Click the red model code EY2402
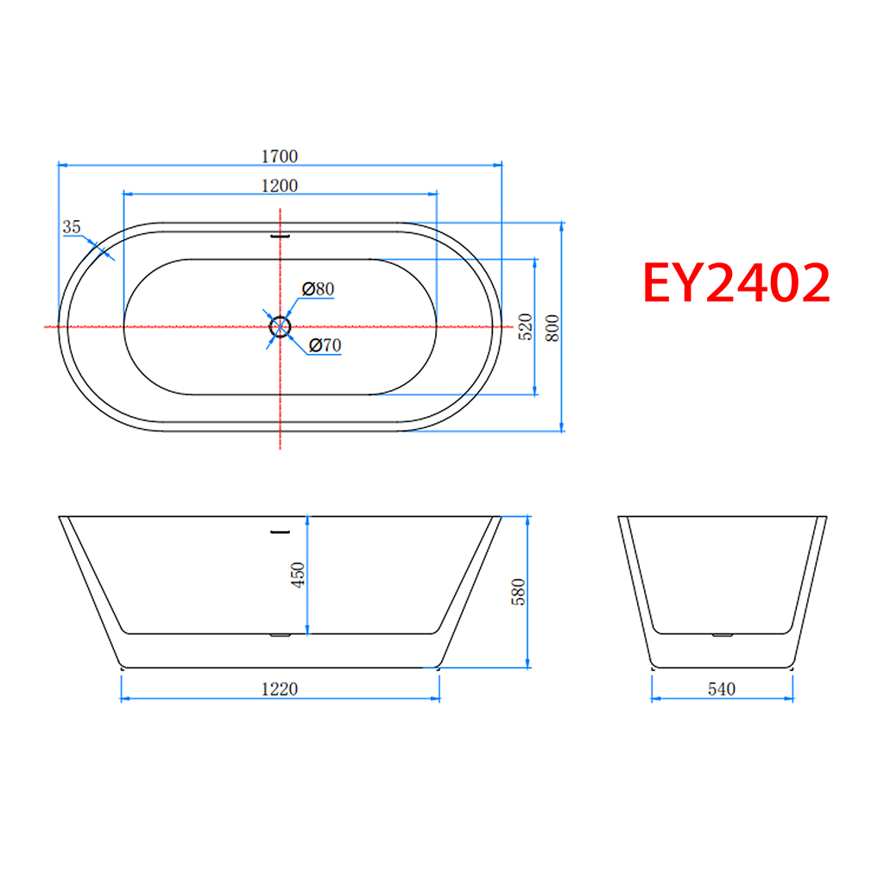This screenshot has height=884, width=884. [x=736, y=282]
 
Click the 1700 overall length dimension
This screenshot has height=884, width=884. [x=280, y=156]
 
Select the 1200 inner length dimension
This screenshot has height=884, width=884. [x=280, y=186]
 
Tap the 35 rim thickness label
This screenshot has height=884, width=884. [x=72, y=227]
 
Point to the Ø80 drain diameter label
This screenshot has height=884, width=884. [x=318, y=288]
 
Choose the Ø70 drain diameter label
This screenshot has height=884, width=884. [x=325, y=345]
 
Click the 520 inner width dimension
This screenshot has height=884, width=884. [x=525, y=327]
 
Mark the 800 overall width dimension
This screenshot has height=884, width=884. [x=552, y=327]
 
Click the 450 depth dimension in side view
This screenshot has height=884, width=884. [x=298, y=575]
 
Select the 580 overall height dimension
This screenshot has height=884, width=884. [x=518, y=592]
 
